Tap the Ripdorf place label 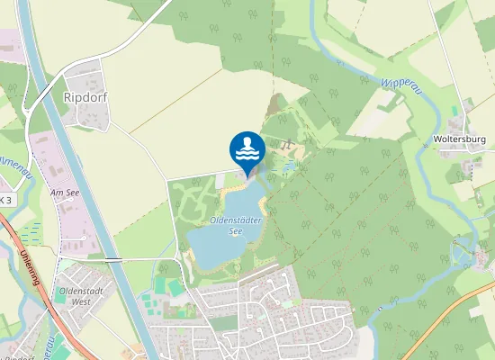point(86,95)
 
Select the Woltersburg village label point(460,139)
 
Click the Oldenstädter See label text point(217,223)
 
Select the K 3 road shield point(5,199)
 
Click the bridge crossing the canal point(112,259)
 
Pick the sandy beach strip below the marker point(229,184)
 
